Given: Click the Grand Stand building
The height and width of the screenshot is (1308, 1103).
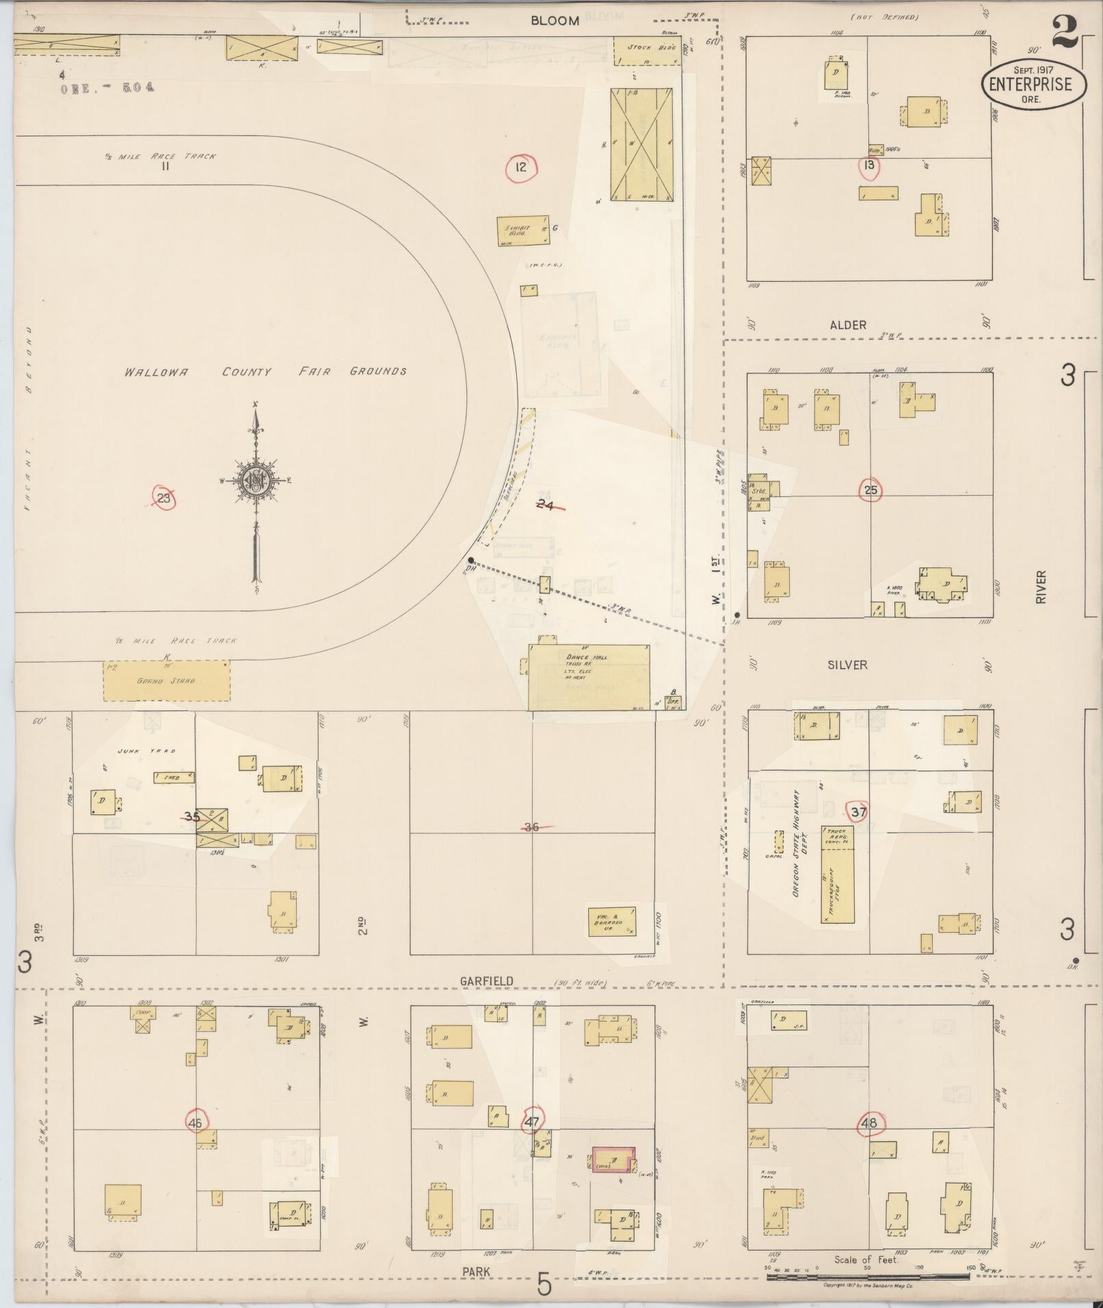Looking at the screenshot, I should tap(166, 680).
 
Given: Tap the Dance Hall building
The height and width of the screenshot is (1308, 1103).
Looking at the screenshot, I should tap(589, 677).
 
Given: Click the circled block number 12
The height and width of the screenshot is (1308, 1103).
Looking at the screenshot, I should tap(521, 167).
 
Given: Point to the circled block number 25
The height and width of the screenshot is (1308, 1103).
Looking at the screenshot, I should tap(871, 490).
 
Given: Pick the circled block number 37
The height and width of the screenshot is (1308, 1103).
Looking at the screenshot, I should tap(858, 812).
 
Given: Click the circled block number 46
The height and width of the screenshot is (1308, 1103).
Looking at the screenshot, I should tap(196, 1122).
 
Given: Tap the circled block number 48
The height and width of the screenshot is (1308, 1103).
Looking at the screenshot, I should tap(869, 1123).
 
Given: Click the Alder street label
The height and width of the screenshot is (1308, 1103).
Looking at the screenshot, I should tap(848, 325).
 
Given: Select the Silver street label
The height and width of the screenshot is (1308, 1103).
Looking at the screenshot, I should tap(847, 665).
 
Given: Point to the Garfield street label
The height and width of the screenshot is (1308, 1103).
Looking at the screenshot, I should tap(487, 980).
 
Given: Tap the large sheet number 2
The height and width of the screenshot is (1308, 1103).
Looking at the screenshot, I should tap(1065, 31).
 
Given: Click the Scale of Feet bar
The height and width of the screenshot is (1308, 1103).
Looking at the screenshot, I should tap(867, 1276).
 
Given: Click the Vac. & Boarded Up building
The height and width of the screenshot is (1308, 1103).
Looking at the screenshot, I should tap(612, 922).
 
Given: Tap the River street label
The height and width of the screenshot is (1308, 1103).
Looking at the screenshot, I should tap(1041, 587).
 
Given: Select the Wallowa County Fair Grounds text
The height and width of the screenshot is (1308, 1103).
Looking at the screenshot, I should tap(265, 372).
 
